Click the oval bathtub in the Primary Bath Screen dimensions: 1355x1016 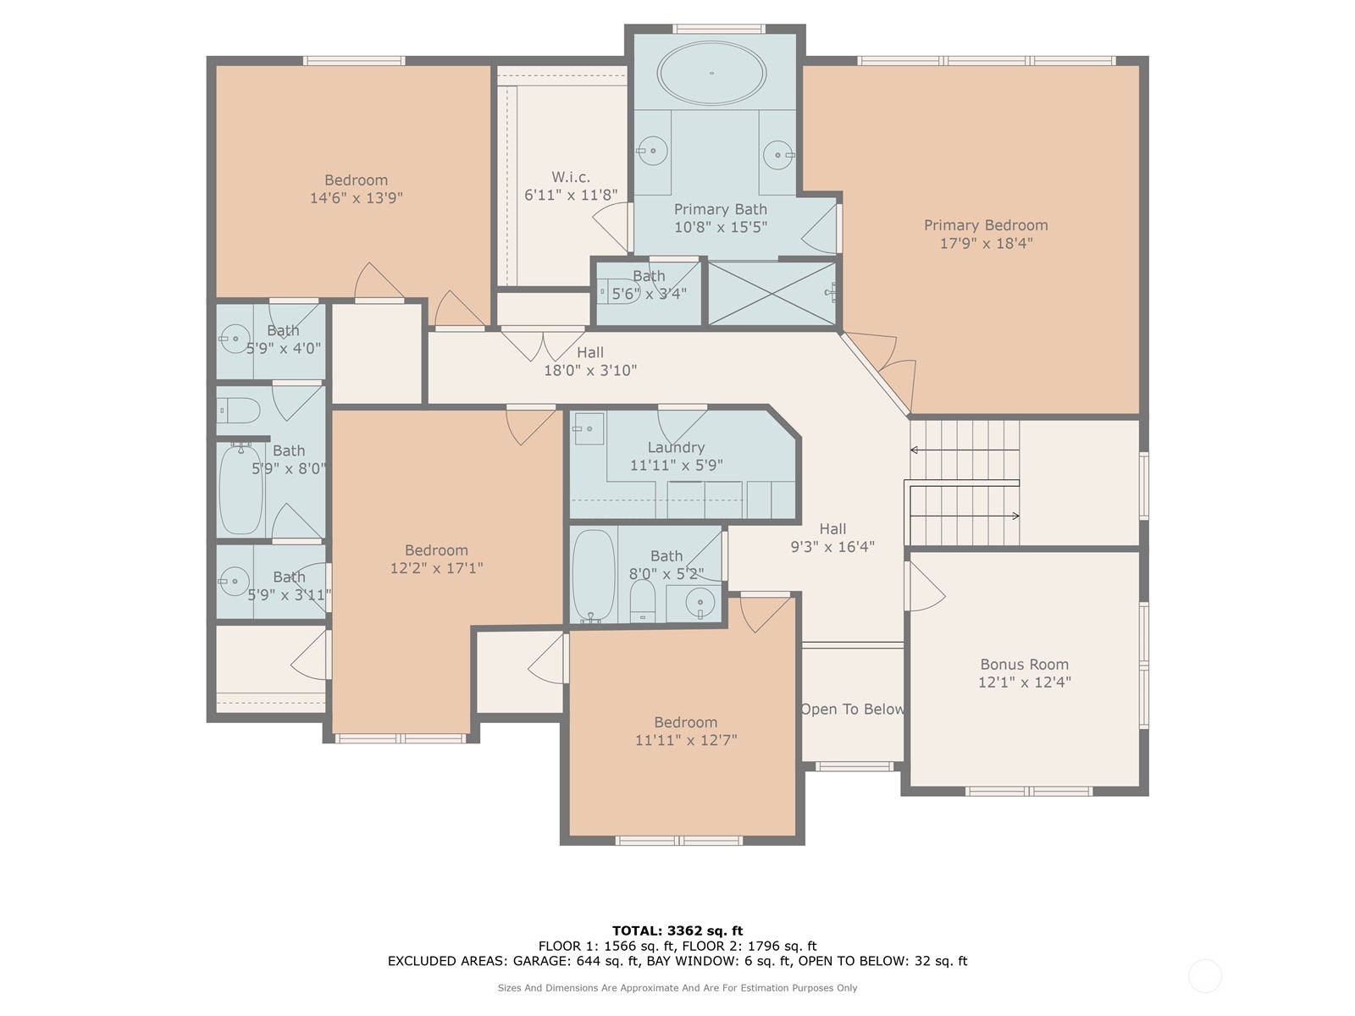click(711, 74)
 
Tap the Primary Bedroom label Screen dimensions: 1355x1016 click(985, 225)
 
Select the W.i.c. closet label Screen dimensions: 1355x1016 click(571, 177)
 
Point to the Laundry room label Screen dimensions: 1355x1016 click(675, 447)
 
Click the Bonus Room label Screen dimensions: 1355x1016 click(1024, 665)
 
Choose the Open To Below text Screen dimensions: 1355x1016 click(853, 710)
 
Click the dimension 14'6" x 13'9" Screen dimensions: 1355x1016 click(357, 198)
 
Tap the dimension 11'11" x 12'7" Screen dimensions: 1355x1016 click(686, 740)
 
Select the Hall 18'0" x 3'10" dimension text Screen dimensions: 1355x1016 click(590, 370)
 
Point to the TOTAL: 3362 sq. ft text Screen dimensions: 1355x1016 click(677, 930)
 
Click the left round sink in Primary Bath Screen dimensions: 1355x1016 click(652, 151)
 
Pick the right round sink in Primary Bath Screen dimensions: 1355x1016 click(778, 155)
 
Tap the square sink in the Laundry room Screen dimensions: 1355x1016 click(589, 428)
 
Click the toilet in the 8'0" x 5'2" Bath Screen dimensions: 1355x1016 click(643, 600)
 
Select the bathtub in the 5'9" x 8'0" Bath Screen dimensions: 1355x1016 click(241, 489)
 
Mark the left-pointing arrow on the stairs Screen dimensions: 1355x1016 click(965, 450)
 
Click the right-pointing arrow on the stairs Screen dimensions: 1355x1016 click(965, 516)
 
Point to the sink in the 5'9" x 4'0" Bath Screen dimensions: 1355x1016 click(235, 339)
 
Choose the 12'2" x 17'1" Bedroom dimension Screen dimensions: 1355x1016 click(436, 567)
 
